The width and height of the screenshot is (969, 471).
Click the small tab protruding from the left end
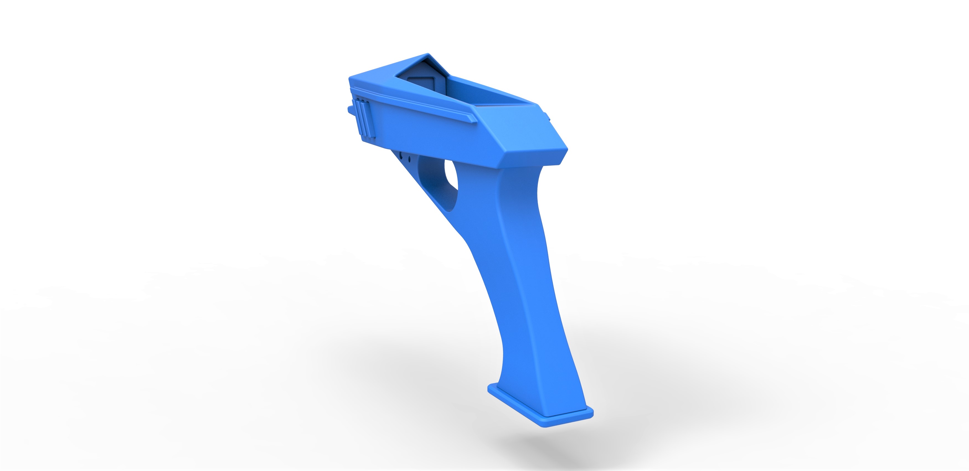tap(350, 110)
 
